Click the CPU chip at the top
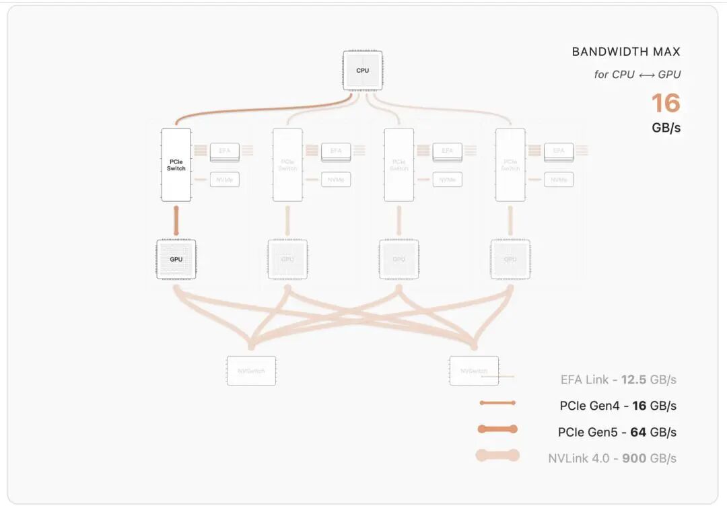click(x=363, y=71)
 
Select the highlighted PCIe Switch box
click(x=176, y=165)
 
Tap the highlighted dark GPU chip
click(x=176, y=259)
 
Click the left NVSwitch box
click(x=251, y=371)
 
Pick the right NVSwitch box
click(x=474, y=371)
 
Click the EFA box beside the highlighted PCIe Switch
click(x=225, y=151)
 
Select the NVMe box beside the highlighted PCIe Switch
click(x=225, y=180)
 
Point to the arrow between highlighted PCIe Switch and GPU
click(x=176, y=220)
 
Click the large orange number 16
click(x=665, y=104)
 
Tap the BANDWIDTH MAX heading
click(x=626, y=52)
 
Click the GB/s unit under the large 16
click(x=666, y=127)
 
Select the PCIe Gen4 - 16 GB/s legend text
click(x=618, y=406)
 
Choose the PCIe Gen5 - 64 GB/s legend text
click(x=617, y=432)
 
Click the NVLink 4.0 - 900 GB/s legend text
click(x=612, y=458)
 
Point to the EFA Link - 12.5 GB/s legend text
click(x=618, y=379)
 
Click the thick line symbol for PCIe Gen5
click(x=497, y=429)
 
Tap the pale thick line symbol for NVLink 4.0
click(x=497, y=456)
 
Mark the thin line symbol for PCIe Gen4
click(x=497, y=403)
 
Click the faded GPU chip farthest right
click(x=510, y=259)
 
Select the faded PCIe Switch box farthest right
click(x=510, y=165)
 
